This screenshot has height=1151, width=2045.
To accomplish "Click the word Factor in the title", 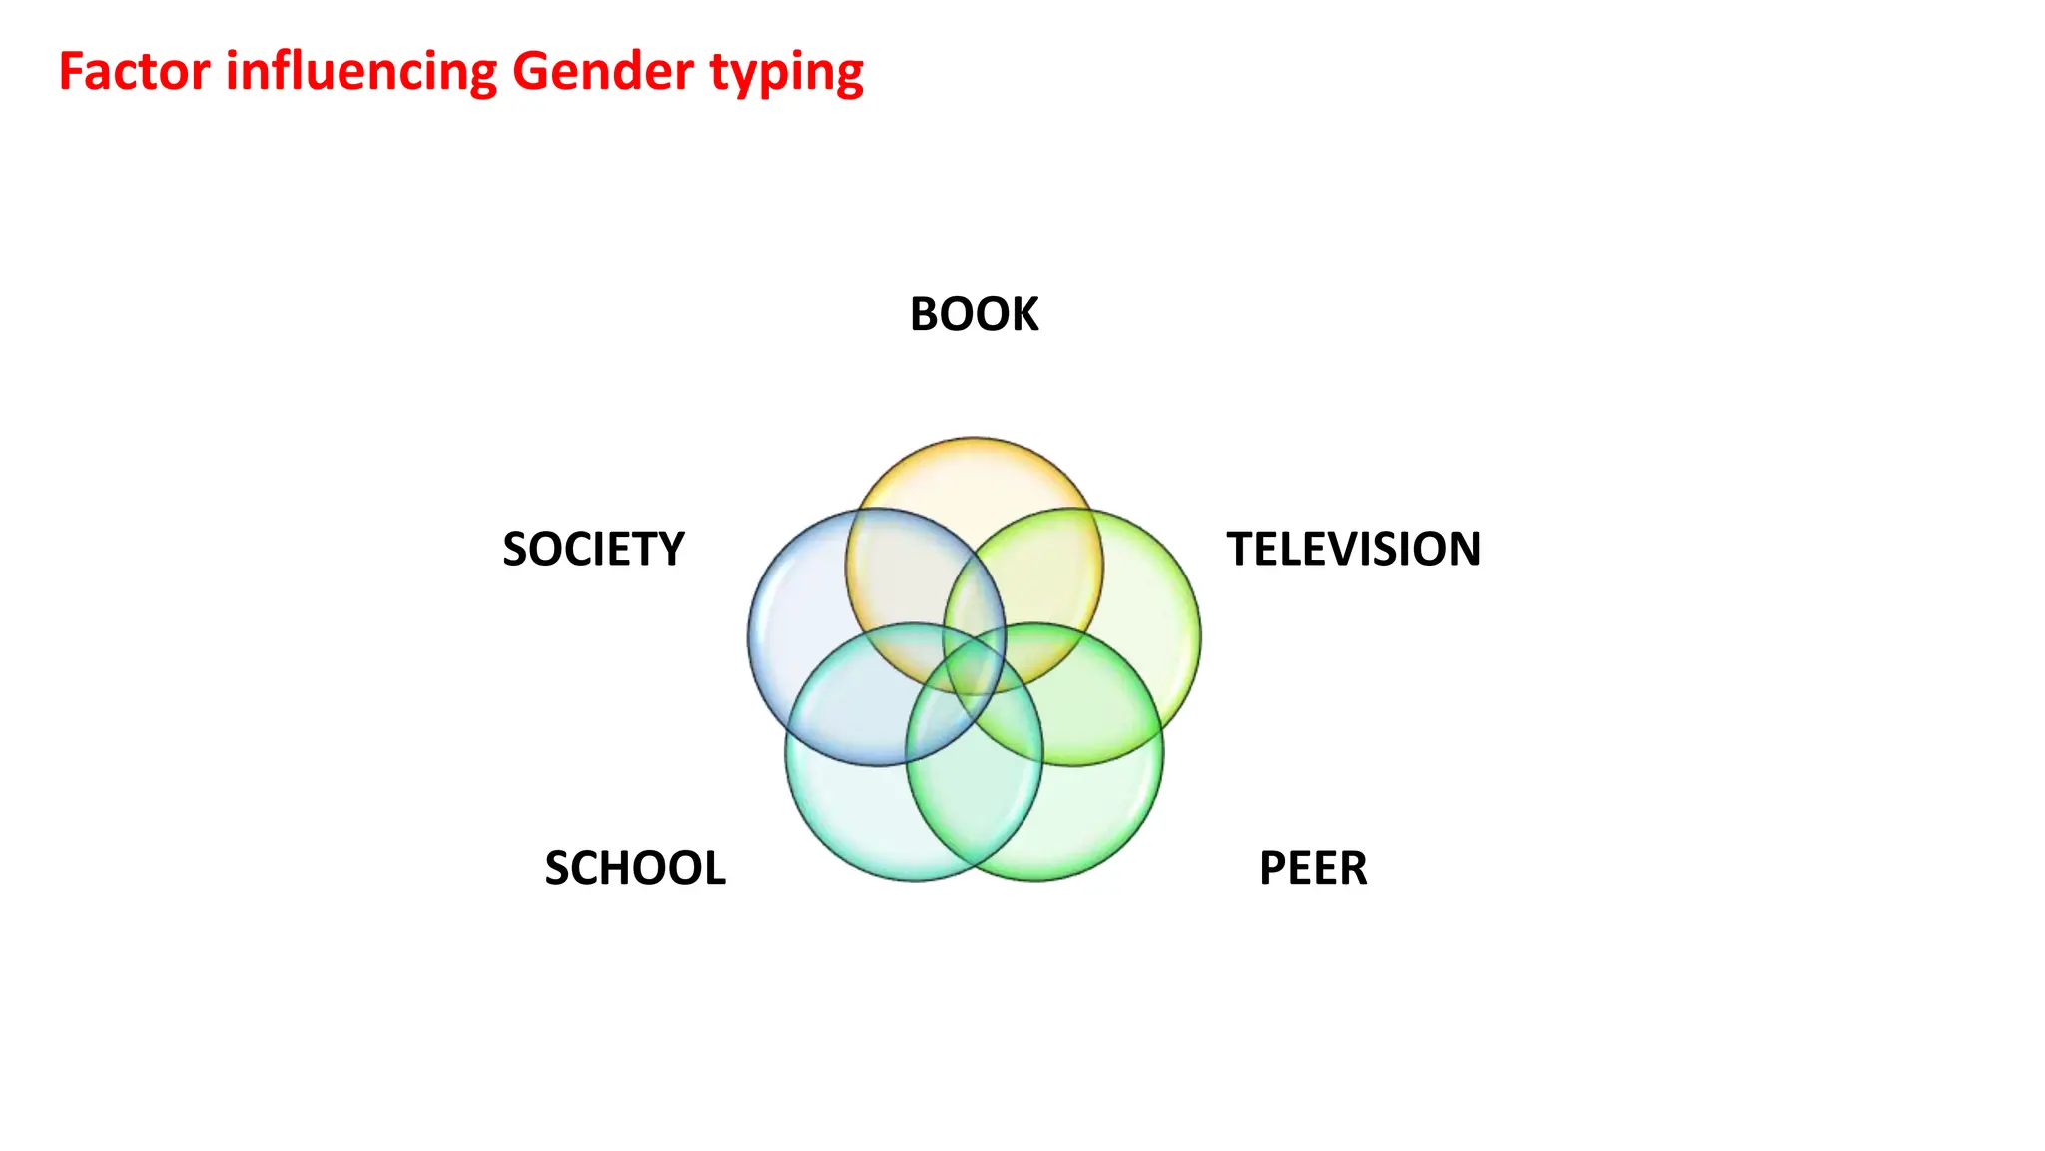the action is pos(134,72).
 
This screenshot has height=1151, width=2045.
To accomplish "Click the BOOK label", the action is pos(974,314).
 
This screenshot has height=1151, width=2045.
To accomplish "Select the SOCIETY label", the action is pos(593,549).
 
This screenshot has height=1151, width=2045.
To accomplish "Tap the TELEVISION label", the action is pos(1353,549).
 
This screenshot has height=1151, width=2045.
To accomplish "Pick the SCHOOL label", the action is pos(635,868).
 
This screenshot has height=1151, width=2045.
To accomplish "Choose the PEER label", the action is pos(1313,868).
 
